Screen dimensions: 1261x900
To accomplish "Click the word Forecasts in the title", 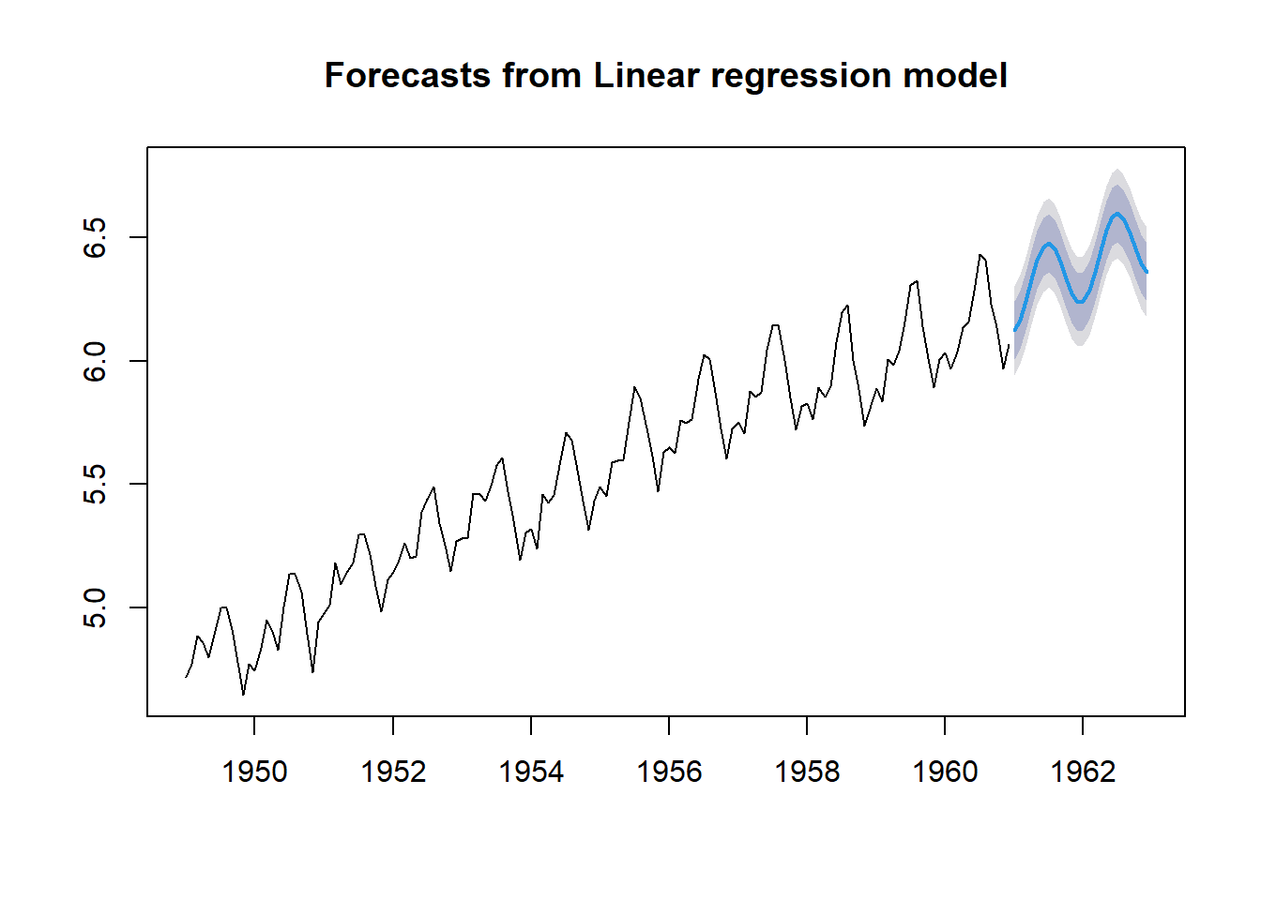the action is [x=407, y=75].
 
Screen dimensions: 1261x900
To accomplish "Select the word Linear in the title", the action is [x=646, y=75].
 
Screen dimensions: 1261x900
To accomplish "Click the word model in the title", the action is [x=955, y=75].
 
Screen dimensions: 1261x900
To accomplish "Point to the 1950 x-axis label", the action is [x=254, y=772].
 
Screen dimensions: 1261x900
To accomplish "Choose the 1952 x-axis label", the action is [x=393, y=772].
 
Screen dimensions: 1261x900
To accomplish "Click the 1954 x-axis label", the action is [x=531, y=772].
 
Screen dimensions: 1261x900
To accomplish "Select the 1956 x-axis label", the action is [x=669, y=772].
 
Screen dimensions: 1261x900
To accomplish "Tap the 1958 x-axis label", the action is [x=807, y=772].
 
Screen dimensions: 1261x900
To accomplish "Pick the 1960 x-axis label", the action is [x=945, y=772].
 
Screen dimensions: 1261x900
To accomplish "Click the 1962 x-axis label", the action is [x=1083, y=772].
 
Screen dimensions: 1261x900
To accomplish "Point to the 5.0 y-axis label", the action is [x=95, y=608].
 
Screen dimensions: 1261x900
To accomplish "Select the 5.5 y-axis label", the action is [x=95, y=485].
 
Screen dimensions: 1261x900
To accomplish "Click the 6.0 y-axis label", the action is [x=95, y=361].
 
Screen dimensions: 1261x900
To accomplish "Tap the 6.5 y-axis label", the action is [x=95, y=237].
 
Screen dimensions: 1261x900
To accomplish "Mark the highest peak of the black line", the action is [x=980, y=255].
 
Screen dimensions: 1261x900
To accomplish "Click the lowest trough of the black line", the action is [x=243, y=695].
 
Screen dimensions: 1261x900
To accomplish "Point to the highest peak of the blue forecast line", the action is [x=1117, y=214].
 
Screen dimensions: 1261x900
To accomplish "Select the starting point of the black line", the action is [x=186, y=677].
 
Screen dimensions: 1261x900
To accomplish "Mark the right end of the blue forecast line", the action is [x=1147, y=272].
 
